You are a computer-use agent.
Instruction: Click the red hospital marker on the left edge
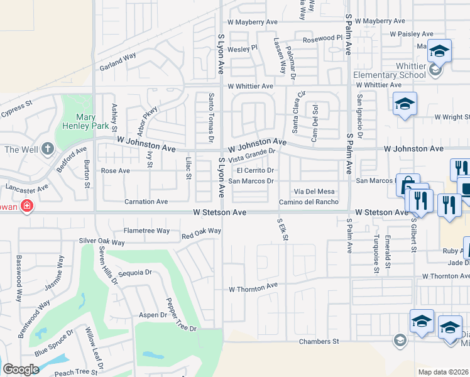tap(26, 205)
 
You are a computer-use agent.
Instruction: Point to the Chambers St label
tap(319, 341)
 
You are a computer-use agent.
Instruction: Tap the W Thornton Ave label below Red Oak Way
tap(253, 289)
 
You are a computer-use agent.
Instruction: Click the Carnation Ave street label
tap(146, 202)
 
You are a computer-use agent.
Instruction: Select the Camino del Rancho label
tap(309, 202)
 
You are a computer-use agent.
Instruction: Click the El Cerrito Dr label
tap(255, 170)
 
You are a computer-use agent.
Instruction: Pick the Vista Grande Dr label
tap(252, 153)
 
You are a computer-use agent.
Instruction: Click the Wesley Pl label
tap(243, 48)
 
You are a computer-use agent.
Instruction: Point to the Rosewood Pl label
tap(322, 38)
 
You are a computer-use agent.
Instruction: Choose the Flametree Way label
tap(146, 231)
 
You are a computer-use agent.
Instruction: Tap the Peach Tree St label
tap(77, 373)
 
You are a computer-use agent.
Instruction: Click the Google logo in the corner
tap(21, 369)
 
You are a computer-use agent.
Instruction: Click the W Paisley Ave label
tap(411, 34)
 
